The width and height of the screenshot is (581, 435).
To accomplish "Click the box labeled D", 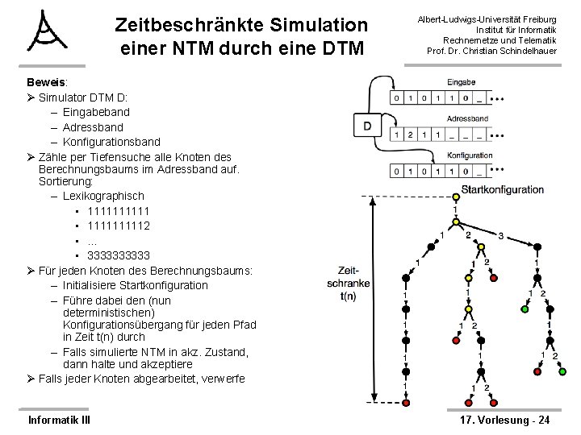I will click(367, 126).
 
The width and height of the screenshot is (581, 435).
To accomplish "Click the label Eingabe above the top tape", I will click(460, 82).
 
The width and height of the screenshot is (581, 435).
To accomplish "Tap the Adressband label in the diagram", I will click(463, 118).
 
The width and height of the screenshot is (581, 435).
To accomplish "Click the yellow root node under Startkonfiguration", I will click(455, 198).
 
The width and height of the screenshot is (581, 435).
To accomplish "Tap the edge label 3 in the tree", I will click(500, 236).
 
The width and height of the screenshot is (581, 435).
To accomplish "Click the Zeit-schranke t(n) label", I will click(349, 283).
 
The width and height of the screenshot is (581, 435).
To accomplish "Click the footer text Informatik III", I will click(59, 420).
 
